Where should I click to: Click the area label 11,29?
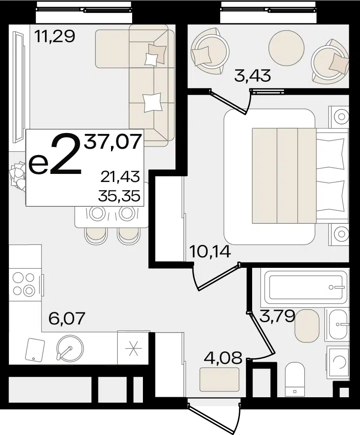click(55, 36)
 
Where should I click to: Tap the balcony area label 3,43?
click(252, 75)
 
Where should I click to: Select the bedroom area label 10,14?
click(210, 252)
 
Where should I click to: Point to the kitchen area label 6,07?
click(66, 318)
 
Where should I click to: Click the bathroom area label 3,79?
click(277, 316)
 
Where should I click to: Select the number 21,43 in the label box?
click(120, 177)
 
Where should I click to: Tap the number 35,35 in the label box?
click(119, 196)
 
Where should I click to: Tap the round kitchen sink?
click(70, 348)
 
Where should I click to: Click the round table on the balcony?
click(286, 47)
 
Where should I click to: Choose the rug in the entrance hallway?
click(219, 379)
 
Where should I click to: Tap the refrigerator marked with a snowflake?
click(134, 347)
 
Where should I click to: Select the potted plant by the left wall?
click(17, 176)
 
